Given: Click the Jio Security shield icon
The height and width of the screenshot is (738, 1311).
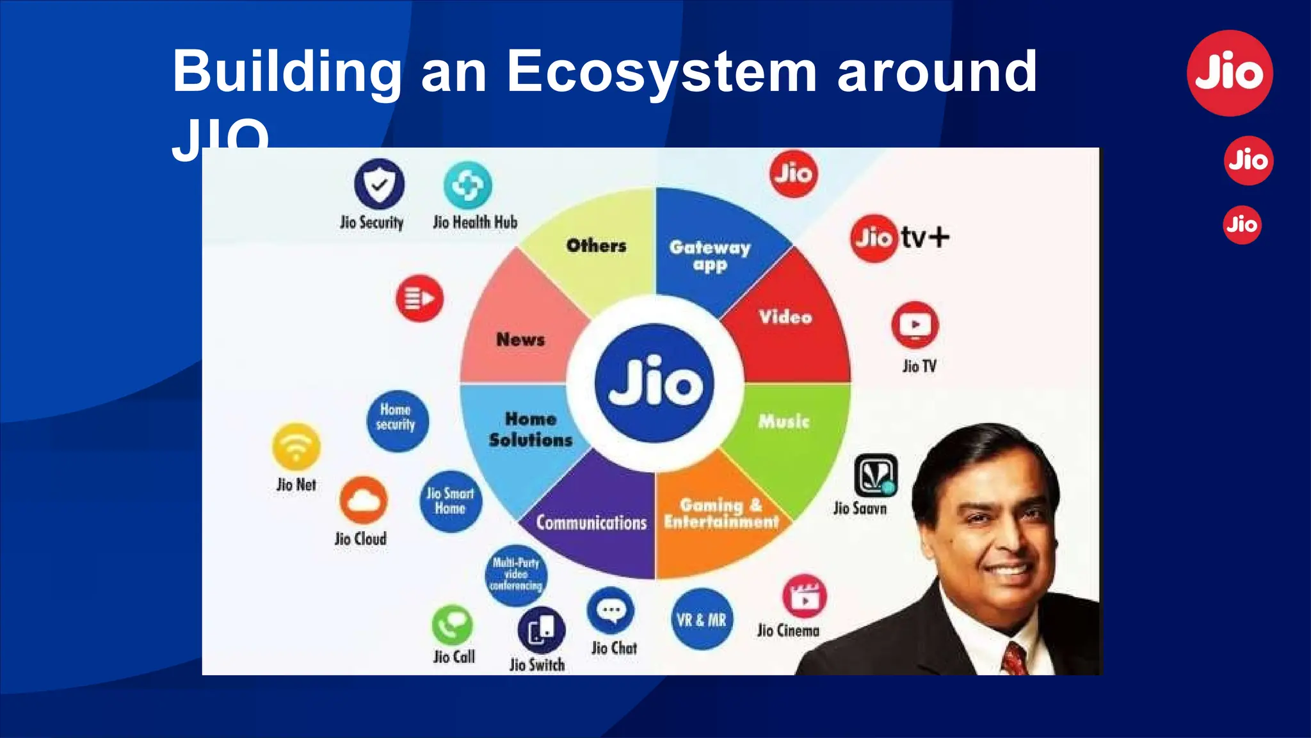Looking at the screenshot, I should click(379, 184).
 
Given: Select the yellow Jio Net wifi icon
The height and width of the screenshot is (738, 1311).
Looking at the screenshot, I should click(296, 447).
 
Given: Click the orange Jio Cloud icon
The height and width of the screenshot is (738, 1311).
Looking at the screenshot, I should click(363, 500).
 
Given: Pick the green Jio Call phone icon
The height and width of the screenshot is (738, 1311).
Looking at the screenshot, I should click(452, 625).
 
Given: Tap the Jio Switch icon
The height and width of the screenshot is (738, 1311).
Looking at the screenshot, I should click(541, 630).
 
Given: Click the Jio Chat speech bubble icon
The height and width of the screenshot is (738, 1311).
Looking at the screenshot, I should click(611, 611).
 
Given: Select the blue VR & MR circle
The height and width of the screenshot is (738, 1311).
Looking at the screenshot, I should click(702, 619).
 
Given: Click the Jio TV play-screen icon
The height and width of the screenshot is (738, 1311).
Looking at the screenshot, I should click(915, 325).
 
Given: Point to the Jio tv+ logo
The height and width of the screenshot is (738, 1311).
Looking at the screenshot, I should click(899, 238).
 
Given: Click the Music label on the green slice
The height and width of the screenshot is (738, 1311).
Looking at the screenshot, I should click(784, 421).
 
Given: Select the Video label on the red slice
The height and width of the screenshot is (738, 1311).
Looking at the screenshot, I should click(785, 316).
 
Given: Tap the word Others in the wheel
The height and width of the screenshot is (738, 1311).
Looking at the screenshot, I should click(596, 245).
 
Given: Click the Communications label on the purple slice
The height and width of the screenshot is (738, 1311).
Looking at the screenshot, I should click(591, 522).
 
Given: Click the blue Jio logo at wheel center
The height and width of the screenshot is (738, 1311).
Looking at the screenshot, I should click(654, 383).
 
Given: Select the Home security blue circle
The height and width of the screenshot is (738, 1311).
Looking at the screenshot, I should click(397, 420).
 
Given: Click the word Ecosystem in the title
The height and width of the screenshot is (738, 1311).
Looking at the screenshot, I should click(661, 72).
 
